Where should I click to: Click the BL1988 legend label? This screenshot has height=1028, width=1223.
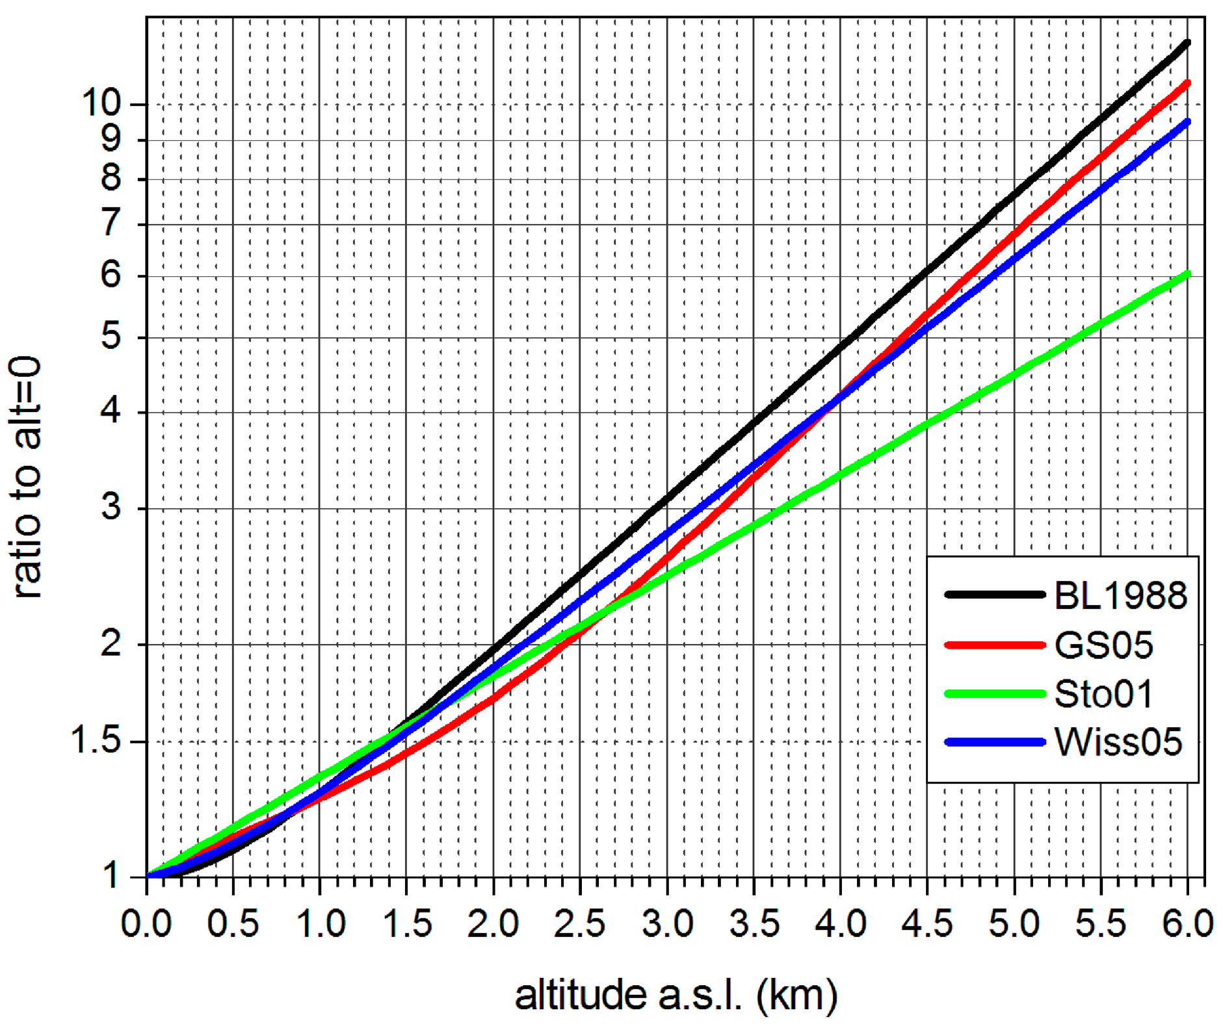click(1120, 595)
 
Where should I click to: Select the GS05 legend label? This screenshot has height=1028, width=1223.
click(1103, 645)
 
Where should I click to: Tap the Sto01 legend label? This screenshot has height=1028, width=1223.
click(1103, 694)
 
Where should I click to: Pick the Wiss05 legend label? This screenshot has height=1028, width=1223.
click(1118, 742)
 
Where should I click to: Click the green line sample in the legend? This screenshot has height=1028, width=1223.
click(993, 694)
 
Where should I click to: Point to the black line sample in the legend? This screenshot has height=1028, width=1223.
click(993, 595)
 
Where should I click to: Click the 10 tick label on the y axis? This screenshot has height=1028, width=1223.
click(101, 103)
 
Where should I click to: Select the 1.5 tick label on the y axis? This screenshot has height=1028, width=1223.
click(96, 741)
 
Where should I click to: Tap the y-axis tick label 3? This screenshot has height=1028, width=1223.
click(111, 507)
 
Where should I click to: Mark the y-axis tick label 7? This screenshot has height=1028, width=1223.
click(111, 224)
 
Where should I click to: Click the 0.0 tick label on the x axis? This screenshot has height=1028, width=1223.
click(146, 923)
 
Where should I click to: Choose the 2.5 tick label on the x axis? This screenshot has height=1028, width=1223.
click(579, 923)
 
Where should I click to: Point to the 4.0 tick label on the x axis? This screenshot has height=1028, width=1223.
click(840, 923)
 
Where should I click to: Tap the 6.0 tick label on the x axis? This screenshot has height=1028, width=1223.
click(1187, 923)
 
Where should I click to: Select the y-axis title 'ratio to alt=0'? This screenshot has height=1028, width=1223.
click(27, 478)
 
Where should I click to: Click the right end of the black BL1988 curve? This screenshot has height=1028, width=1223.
click(1187, 43)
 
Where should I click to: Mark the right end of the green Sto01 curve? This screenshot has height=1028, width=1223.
click(1187, 274)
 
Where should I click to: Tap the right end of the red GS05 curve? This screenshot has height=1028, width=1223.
click(1187, 83)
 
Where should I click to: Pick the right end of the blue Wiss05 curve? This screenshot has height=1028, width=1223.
click(1187, 122)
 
